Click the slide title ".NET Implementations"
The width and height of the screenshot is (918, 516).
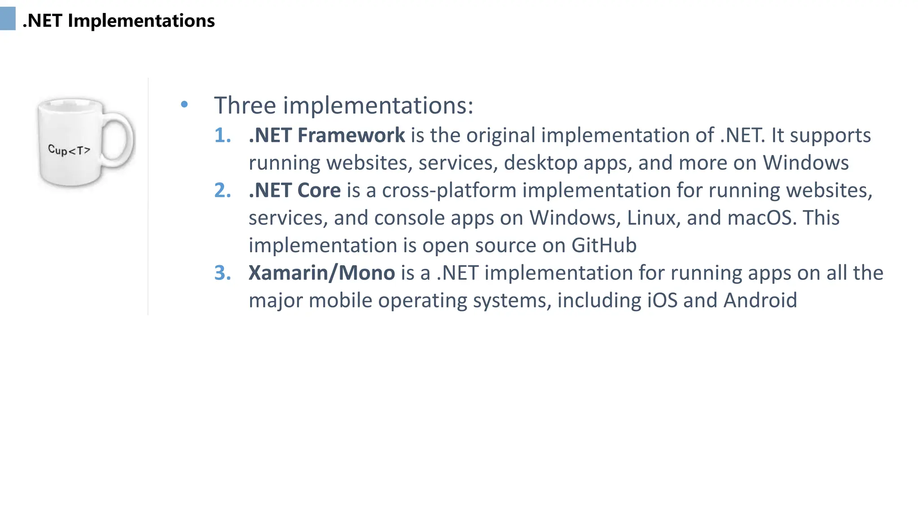pyautogui.click(x=119, y=21)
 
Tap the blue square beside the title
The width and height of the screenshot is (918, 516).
pyautogui.click(x=8, y=19)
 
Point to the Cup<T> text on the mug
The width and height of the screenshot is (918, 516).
pyautogui.click(x=69, y=150)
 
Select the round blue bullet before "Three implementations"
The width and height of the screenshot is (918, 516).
pyautogui.click(x=184, y=105)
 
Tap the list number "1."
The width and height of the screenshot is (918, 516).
pyautogui.click(x=222, y=135)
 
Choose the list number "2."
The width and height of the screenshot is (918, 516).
pyautogui.click(x=222, y=190)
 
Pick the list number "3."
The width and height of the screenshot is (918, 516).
pyautogui.click(x=222, y=273)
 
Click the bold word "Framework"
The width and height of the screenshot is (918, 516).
pyautogui.click(x=351, y=135)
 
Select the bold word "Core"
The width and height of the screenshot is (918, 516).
pyautogui.click(x=319, y=190)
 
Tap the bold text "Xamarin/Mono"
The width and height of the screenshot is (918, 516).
pyautogui.click(x=321, y=273)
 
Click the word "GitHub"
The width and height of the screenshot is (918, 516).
pyautogui.click(x=604, y=245)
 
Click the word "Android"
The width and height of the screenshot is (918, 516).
pyautogui.click(x=760, y=301)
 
